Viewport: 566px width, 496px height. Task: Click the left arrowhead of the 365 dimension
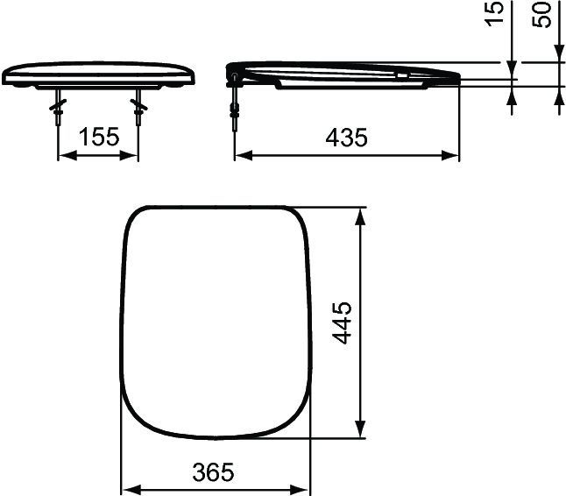click(126, 489)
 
